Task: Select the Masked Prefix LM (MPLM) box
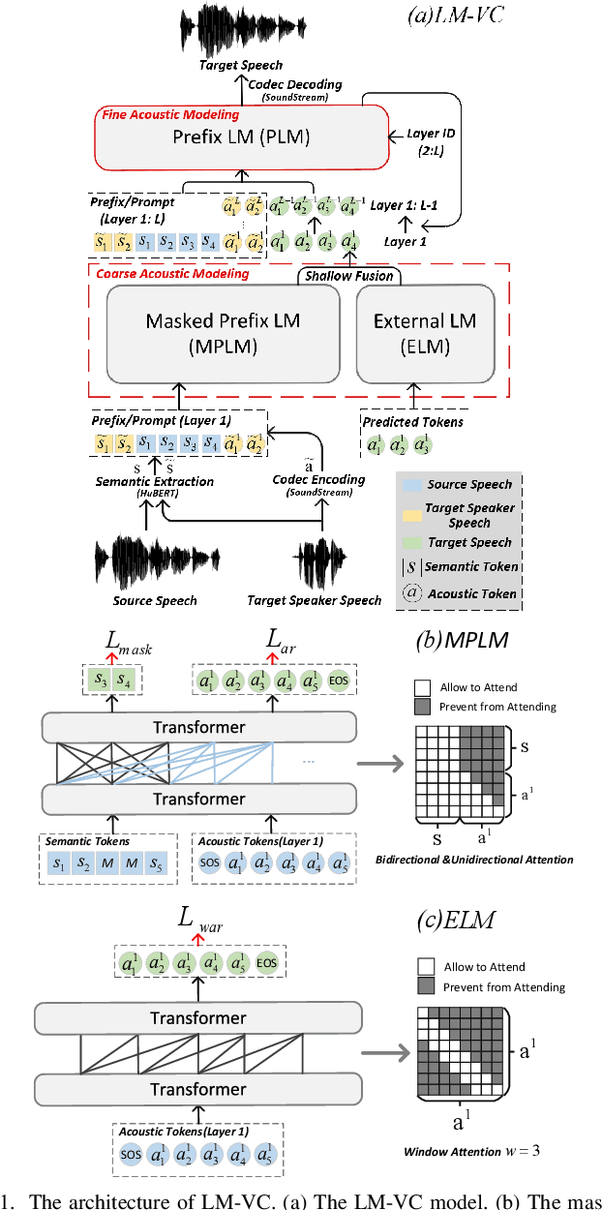[x=223, y=333]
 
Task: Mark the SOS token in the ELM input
[x=131, y=1156]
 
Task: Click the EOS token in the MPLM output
[x=339, y=681]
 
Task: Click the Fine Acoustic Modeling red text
[x=170, y=115]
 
